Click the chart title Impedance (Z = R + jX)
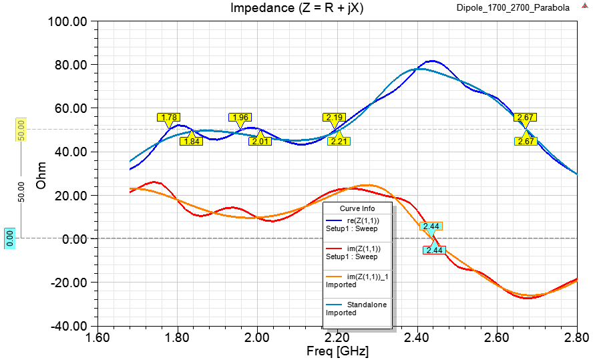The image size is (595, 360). pos(287,8)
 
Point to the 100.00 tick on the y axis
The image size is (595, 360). pos(69,21)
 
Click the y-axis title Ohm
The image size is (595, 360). pos(41,174)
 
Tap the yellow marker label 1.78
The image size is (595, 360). pos(169,118)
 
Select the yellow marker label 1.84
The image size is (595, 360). pos(192,141)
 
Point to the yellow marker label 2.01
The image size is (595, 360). pos(260,141)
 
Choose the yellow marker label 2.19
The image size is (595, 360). pos(335,118)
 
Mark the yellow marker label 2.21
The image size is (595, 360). pos(339,141)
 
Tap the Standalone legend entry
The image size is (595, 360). pos(367,305)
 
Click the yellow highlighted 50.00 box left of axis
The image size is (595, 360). pos(21,130)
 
